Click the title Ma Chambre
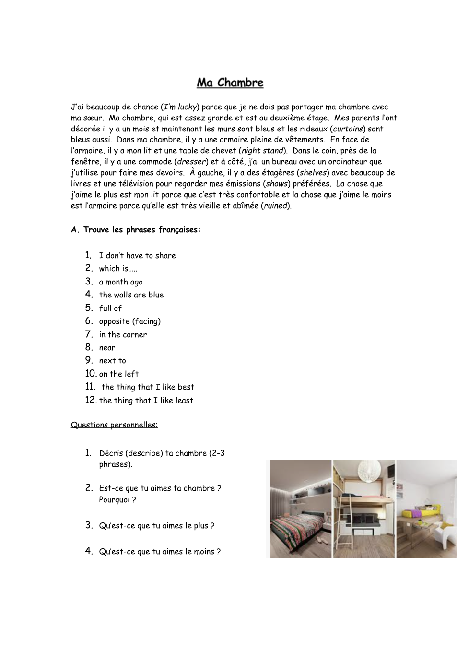tap(230, 83)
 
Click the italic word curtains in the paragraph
tap(348, 129)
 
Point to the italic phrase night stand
tap(262, 151)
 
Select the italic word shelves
tap(313, 173)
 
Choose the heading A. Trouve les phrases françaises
tap(136, 230)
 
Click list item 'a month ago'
tap(121, 282)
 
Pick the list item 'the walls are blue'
tap(131, 295)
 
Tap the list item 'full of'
tap(110, 308)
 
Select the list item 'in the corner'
tap(123, 335)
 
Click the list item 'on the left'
tap(119, 374)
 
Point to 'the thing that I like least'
tap(146, 401)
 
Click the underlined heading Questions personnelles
tap(114, 425)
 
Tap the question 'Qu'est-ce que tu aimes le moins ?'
tap(160, 552)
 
